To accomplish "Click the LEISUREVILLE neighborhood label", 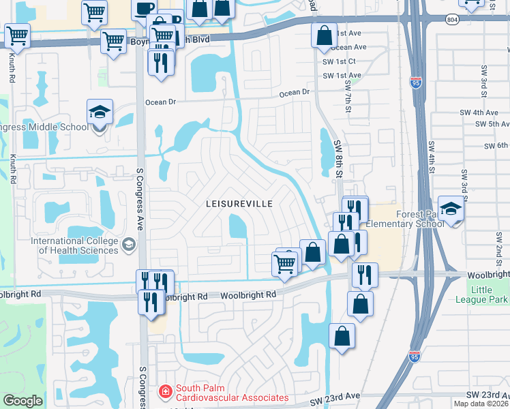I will click(x=239, y=204).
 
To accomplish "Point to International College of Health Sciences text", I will click(x=74, y=245).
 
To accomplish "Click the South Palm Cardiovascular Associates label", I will click(x=232, y=393).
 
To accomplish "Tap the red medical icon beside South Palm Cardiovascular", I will click(x=165, y=392).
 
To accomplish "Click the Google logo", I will click(x=22, y=401).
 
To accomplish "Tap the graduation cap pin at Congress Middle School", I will click(x=100, y=113).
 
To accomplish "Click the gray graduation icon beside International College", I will click(x=128, y=244).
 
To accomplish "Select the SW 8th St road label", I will click(x=338, y=158).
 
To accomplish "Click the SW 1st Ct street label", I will click(x=339, y=61).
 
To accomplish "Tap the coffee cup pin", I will click(x=145, y=10).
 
